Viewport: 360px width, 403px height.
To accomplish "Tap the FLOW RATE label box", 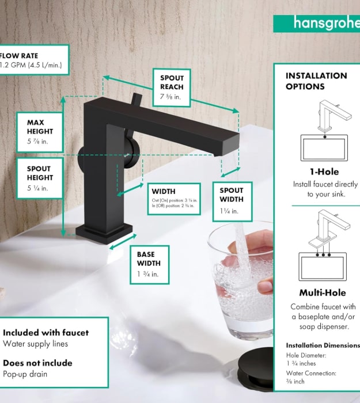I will click(x=33, y=60).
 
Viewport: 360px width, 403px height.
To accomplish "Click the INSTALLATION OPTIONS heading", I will click(x=316, y=81).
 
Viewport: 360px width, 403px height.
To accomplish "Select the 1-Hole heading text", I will click(x=324, y=172).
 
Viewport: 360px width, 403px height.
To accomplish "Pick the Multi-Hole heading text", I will click(x=323, y=292).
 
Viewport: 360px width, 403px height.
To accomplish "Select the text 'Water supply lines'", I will click(x=36, y=344).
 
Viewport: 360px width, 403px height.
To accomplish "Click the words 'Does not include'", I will click(x=38, y=363).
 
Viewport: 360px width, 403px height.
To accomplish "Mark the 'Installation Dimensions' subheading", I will click(x=323, y=345).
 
